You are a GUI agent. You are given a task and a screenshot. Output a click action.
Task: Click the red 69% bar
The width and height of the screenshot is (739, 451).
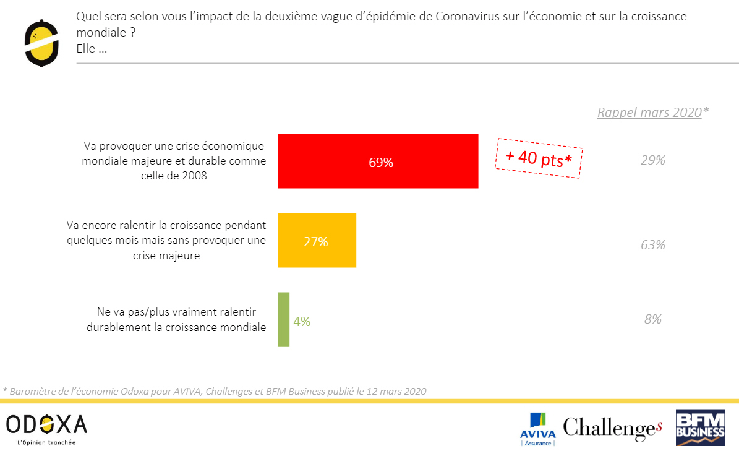[x=378, y=161]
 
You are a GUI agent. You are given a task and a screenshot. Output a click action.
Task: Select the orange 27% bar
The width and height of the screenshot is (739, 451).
[x=317, y=240]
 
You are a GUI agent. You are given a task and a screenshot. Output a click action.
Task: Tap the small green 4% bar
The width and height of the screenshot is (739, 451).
[x=283, y=319]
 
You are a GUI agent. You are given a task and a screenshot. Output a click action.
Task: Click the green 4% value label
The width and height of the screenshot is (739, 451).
[x=302, y=322]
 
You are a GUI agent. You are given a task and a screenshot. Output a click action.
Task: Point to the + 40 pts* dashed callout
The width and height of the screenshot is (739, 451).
[x=538, y=158]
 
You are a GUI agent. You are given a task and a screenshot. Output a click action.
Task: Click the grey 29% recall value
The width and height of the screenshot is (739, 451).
[x=652, y=160]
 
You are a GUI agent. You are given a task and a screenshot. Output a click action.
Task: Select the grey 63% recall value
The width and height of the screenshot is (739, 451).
[x=652, y=245]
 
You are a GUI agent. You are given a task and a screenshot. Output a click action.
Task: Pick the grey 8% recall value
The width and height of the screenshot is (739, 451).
[x=652, y=319]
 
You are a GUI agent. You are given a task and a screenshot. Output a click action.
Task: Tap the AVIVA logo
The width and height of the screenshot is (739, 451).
[x=537, y=429]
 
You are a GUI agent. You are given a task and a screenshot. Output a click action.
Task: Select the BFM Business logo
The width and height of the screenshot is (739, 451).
[x=700, y=427]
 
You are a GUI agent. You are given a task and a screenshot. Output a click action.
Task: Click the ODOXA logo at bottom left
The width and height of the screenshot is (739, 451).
[x=46, y=424]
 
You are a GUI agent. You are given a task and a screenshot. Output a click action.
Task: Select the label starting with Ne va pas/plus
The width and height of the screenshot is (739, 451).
[x=176, y=319]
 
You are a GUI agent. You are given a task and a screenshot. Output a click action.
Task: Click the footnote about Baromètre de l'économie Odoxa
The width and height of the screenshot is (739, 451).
[x=215, y=391]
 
